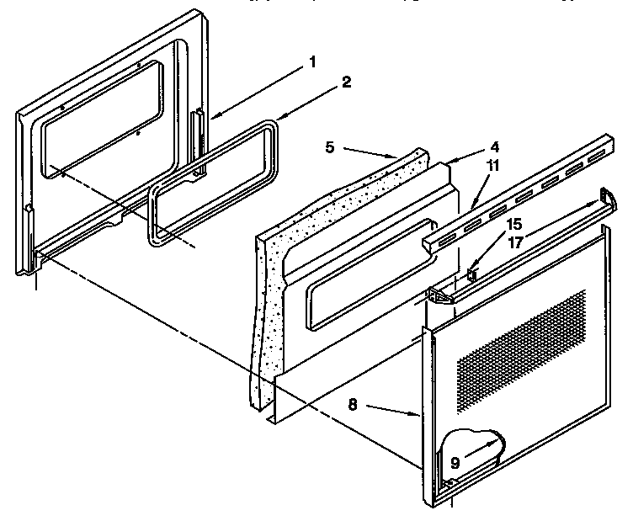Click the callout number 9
pos(455,462)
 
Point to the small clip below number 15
pos(472,273)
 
